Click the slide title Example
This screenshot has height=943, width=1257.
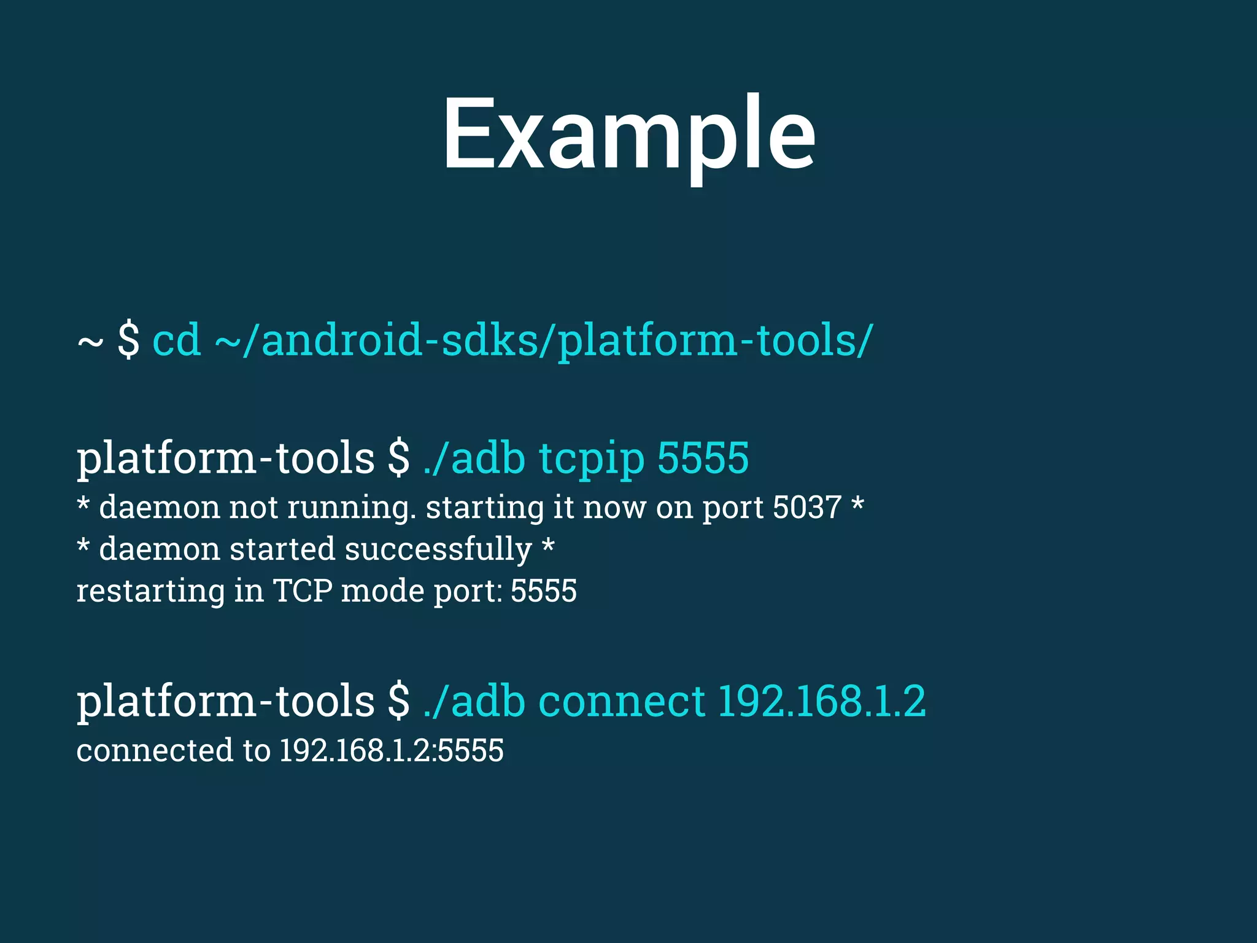click(x=629, y=135)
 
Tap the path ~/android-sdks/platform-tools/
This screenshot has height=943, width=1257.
click(x=543, y=341)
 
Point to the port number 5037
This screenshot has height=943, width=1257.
click(x=806, y=508)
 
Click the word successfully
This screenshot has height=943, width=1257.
click(x=438, y=549)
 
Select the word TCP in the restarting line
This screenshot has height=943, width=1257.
click(x=303, y=591)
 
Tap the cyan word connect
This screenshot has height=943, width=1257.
click(x=622, y=701)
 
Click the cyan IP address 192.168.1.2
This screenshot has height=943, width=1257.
click(x=821, y=701)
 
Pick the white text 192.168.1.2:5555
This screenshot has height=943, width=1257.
click(x=392, y=750)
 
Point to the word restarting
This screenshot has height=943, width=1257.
click(x=150, y=591)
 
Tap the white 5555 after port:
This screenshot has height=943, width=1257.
click(x=544, y=591)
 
